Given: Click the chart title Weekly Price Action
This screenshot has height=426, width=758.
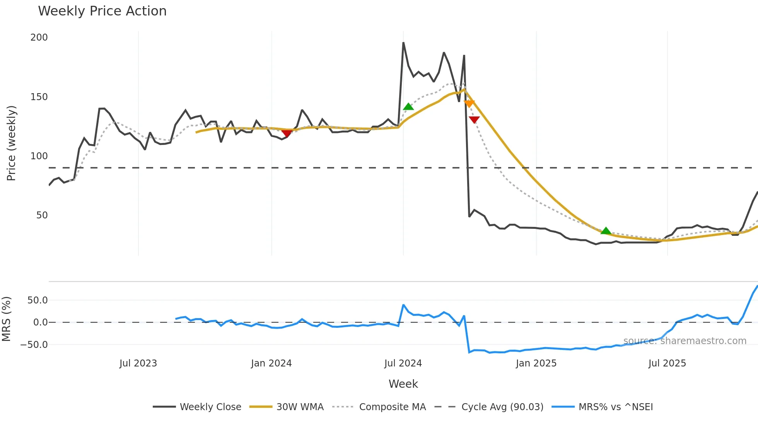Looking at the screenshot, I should click(102, 11).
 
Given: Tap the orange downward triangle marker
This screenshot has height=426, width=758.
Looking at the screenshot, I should click(469, 103).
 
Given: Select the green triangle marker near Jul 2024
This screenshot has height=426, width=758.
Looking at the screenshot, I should click(408, 107).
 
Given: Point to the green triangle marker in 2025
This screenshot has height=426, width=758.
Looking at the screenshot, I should click(606, 231).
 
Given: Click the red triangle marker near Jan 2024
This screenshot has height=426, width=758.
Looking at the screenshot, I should click(287, 133).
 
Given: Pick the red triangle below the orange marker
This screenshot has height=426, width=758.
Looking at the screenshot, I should click(474, 120).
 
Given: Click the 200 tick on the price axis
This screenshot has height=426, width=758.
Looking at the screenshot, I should click(39, 37).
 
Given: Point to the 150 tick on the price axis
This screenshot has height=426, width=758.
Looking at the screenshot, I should click(39, 97).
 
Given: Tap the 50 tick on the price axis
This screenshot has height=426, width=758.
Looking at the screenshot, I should click(42, 215).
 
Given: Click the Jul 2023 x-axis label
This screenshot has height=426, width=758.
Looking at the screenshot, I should click(138, 363).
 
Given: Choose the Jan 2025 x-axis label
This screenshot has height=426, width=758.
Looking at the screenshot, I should click(536, 363).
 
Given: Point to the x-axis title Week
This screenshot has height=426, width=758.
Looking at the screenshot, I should click(403, 384).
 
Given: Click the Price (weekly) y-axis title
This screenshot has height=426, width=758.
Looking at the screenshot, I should click(12, 143).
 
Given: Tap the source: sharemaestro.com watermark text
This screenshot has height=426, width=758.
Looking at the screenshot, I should click(685, 341).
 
